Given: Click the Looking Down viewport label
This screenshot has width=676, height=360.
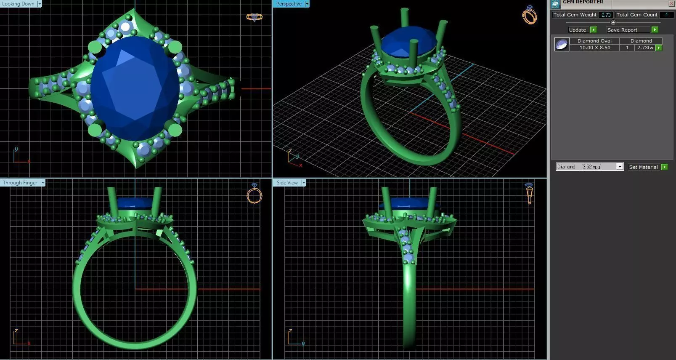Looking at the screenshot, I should (19, 4).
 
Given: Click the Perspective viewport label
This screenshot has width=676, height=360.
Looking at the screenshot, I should (289, 4).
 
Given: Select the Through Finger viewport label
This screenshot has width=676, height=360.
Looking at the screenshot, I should (20, 183).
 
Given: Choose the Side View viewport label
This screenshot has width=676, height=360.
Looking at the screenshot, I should (287, 183).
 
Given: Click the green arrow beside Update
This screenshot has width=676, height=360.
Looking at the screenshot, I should (593, 30).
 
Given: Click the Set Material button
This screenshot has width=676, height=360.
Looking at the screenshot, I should (643, 167).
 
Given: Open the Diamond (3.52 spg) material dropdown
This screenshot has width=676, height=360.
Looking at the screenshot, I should (619, 167).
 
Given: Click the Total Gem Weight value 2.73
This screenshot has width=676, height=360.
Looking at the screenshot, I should (606, 15).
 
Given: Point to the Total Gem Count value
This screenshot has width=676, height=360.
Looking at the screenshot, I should (666, 15).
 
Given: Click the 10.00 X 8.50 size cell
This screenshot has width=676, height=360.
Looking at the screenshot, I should (594, 48).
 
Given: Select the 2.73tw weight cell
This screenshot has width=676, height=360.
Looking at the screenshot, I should (644, 48).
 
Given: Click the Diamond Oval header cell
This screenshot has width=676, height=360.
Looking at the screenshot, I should (594, 41).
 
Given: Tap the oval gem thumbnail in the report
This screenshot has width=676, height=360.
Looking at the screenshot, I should (562, 44).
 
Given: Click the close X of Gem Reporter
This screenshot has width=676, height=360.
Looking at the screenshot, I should (671, 3).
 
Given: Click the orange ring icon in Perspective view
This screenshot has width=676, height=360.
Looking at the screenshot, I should (529, 15).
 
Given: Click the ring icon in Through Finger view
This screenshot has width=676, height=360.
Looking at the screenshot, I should (254, 194).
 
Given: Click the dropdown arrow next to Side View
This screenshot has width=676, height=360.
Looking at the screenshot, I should (304, 183).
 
